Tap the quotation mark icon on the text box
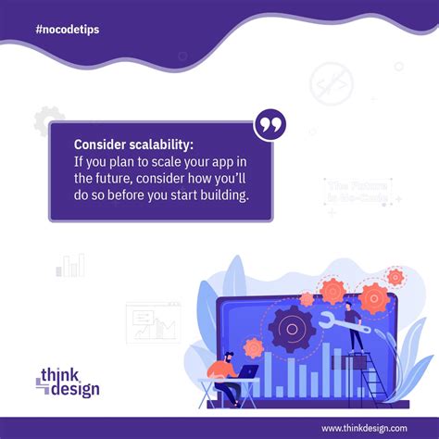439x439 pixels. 270,126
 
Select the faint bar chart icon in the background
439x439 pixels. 70,265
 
